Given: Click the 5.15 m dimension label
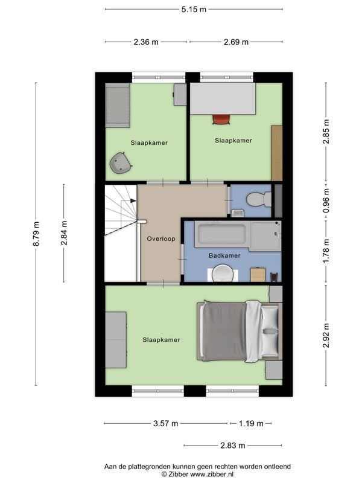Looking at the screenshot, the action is click(x=194, y=9).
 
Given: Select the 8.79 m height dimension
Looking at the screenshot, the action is click(x=36, y=234).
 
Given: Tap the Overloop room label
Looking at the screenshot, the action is click(x=161, y=238).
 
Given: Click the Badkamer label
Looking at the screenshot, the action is click(x=224, y=255).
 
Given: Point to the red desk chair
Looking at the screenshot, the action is click(x=221, y=119).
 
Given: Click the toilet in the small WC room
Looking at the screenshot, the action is click(x=259, y=199).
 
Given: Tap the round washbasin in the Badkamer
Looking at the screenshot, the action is click(x=223, y=273).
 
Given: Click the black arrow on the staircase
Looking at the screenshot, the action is click(x=133, y=201).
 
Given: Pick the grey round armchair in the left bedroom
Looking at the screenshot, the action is click(x=121, y=162).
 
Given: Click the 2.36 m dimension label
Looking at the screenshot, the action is click(x=146, y=42).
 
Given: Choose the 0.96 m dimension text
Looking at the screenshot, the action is click(x=326, y=200).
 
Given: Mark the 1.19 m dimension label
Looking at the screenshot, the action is click(x=251, y=424).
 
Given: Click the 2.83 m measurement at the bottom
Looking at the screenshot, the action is click(x=233, y=446).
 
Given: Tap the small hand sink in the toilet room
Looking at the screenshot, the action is click(x=238, y=213).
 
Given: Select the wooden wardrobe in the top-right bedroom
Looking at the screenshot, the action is click(x=277, y=153).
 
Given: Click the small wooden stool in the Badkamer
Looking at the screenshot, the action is click(x=258, y=275).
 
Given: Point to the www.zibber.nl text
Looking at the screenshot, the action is click(x=212, y=475).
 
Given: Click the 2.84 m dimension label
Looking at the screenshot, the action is click(x=64, y=233).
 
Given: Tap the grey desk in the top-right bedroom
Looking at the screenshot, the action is click(x=223, y=98).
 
